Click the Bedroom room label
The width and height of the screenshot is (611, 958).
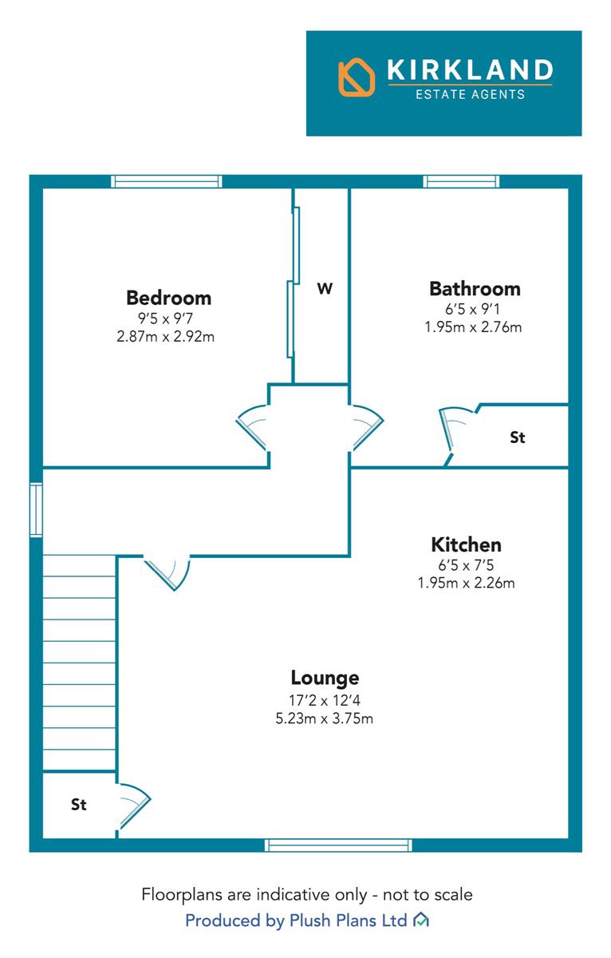[x=168, y=298]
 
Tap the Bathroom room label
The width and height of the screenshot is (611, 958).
[x=475, y=289]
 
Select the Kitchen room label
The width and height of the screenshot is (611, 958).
[x=466, y=544]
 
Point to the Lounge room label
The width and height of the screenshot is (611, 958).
[x=325, y=679]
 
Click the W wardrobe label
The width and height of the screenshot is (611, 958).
[x=325, y=289]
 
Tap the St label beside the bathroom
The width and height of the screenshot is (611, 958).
[x=518, y=437]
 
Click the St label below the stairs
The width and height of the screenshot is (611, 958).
[x=79, y=805]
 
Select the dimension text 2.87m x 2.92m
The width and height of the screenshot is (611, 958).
[x=165, y=337]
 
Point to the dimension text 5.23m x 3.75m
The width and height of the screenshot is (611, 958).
[x=325, y=718]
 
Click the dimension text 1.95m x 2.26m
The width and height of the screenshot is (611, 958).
[x=466, y=583]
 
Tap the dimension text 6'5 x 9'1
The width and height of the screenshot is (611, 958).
[x=472, y=309]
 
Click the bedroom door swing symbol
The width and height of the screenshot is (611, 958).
[x=252, y=428]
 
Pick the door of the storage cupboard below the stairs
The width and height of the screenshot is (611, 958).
[x=133, y=806]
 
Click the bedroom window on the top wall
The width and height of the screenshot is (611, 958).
[x=166, y=181]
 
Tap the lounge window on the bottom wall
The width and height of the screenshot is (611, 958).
[x=338, y=845]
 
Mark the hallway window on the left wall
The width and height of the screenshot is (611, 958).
[x=37, y=509]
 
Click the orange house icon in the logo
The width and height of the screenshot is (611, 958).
[x=357, y=77]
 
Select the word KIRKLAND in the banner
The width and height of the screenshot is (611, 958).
[x=470, y=69]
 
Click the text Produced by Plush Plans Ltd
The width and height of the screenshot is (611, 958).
[x=296, y=920]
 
